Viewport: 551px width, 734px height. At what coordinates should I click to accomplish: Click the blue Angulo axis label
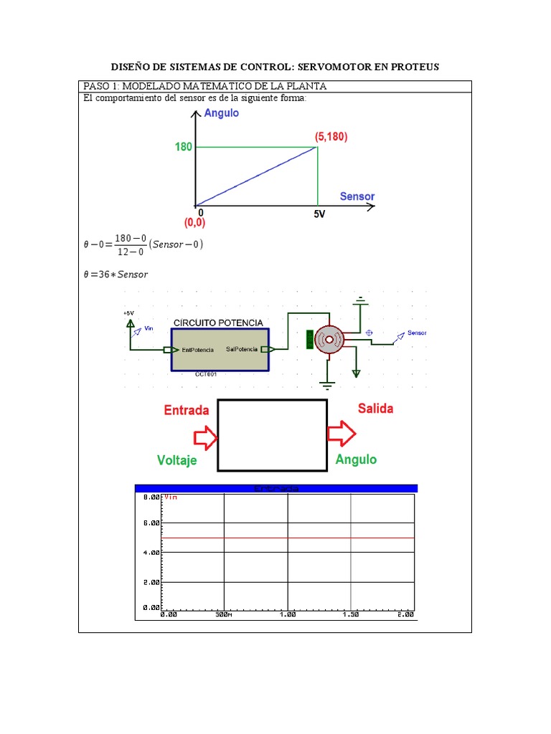[222, 113]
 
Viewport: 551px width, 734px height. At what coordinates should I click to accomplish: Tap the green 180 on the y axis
[184, 148]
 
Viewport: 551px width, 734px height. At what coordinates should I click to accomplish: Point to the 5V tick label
[319, 214]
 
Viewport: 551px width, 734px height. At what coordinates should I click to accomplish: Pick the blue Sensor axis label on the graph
[357, 196]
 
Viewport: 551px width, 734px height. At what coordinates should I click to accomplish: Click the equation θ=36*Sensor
[116, 274]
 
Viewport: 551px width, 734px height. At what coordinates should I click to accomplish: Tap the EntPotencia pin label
[198, 350]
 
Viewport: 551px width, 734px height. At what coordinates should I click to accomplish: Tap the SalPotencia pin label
[240, 350]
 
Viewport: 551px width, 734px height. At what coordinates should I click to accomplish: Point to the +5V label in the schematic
[128, 313]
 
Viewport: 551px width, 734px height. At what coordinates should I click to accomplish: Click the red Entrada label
[187, 410]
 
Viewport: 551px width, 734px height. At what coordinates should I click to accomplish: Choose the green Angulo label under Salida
[356, 459]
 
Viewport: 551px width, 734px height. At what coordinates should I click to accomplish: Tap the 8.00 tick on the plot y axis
[151, 497]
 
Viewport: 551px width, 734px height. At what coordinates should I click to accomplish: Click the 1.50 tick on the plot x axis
[349, 614]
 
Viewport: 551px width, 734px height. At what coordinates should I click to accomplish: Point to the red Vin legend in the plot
[171, 496]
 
